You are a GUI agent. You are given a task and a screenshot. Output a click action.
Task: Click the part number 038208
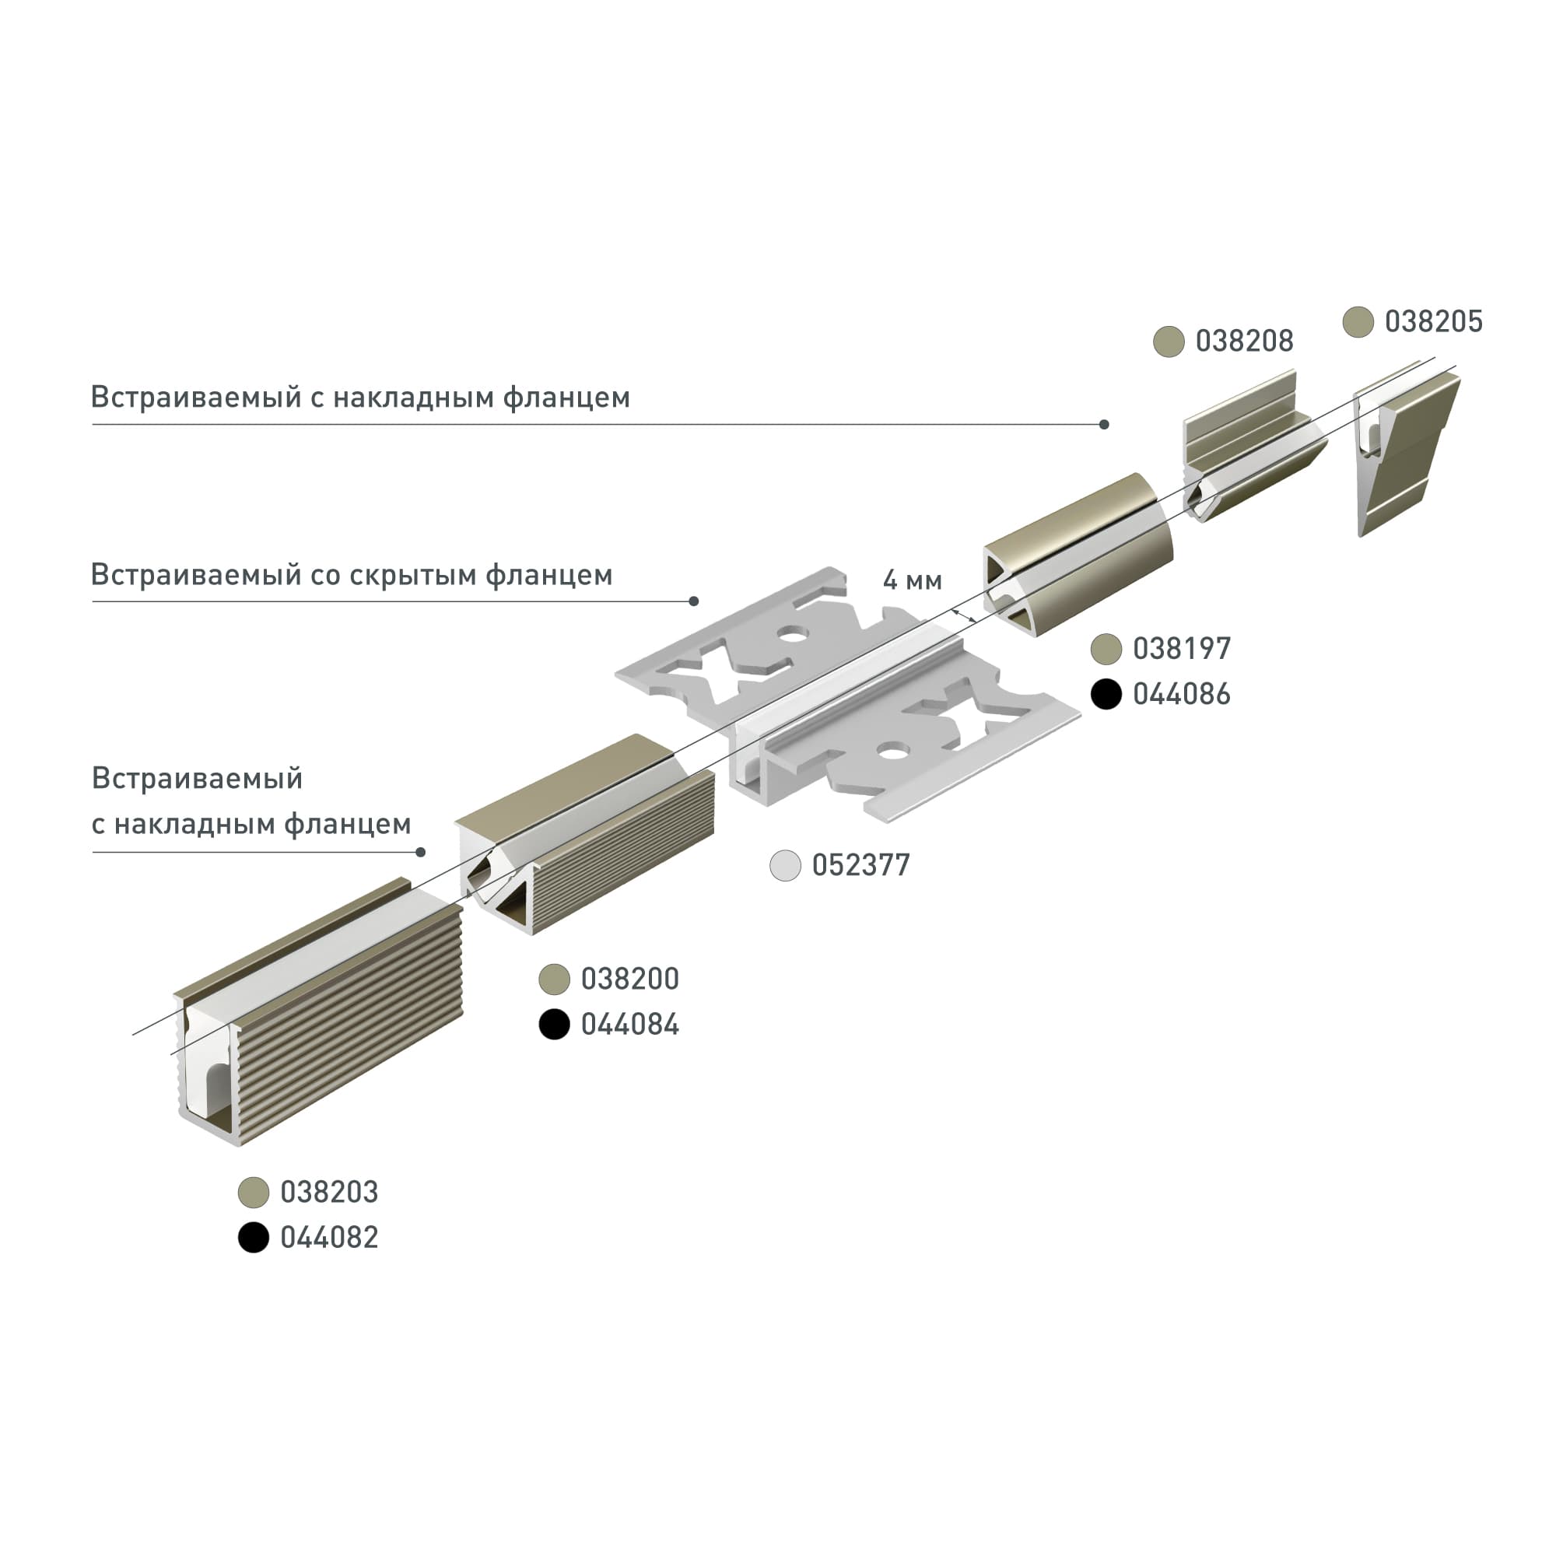point(1243,342)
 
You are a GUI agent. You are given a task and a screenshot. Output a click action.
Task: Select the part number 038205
point(1433,321)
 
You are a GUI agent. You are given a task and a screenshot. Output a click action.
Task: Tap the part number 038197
point(1181,648)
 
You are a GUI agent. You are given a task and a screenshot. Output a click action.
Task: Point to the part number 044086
point(1181,694)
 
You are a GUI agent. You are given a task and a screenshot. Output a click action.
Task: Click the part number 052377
point(860,865)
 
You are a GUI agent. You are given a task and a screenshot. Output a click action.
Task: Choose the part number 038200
point(630,979)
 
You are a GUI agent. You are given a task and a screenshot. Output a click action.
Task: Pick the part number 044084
point(630,1025)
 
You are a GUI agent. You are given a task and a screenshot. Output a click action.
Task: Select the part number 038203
point(328,1192)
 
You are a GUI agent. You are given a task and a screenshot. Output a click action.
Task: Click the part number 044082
point(328,1238)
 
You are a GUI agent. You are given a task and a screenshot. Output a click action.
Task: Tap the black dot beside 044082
point(254,1238)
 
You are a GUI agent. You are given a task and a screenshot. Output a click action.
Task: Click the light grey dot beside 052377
point(785,865)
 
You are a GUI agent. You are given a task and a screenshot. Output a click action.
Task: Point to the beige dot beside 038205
point(1358,322)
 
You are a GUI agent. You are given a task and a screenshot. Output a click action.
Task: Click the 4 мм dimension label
point(912,580)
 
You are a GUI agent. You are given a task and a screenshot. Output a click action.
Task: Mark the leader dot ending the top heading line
point(1104,425)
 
